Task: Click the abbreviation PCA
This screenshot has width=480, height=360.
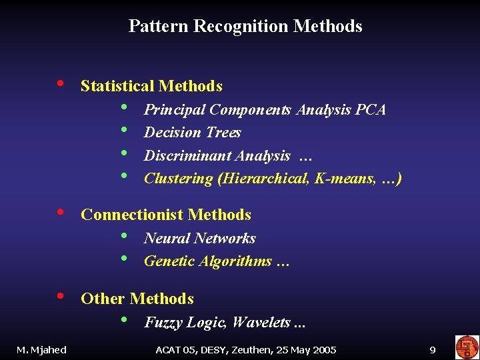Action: (371, 109)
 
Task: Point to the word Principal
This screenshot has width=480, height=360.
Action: (173, 109)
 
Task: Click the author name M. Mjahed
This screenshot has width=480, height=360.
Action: (41, 349)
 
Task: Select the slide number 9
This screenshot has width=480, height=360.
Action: (433, 349)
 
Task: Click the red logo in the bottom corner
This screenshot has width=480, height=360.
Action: (467, 347)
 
